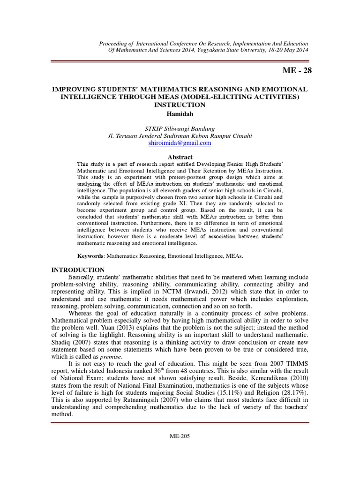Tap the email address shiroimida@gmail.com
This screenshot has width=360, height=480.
pos(180,143)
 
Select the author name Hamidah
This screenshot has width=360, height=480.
pos(180,113)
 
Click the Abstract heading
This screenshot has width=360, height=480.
pos(180,157)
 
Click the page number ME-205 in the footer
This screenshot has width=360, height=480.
pos(180,436)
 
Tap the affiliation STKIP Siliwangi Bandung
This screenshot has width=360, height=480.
pos(180,128)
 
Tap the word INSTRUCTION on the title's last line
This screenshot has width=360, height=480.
pos(180,105)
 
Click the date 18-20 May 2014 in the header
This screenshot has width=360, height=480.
pos(284,51)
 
